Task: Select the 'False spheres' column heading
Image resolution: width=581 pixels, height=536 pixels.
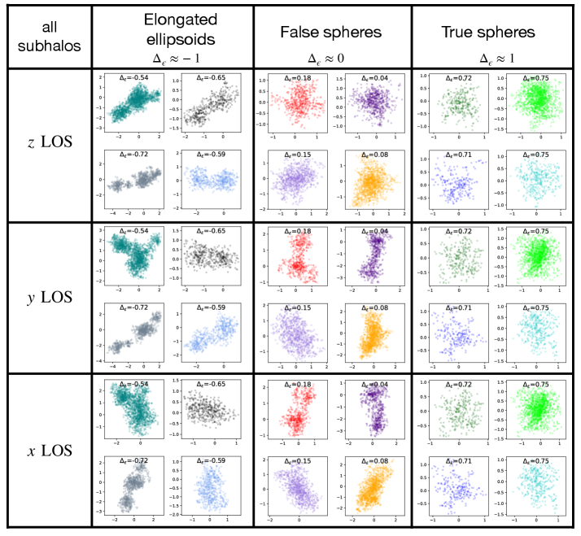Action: (332, 33)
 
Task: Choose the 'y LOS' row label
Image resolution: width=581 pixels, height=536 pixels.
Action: (48, 297)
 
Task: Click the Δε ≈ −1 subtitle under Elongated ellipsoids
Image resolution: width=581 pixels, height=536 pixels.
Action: (173, 59)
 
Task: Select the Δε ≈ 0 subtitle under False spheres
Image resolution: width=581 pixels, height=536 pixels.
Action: (332, 59)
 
